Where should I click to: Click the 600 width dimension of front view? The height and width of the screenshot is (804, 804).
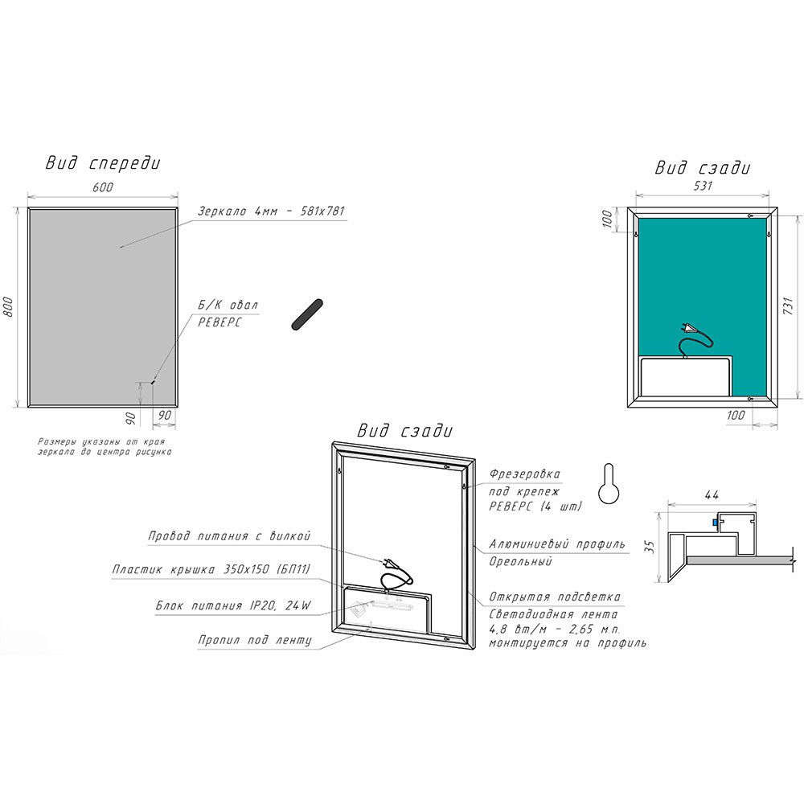(x=103, y=187)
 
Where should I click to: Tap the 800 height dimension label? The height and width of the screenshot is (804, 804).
(x=9, y=306)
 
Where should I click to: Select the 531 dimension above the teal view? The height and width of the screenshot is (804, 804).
(x=703, y=185)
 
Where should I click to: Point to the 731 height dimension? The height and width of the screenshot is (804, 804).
(x=790, y=306)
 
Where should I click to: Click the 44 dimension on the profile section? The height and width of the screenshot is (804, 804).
(x=712, y=494)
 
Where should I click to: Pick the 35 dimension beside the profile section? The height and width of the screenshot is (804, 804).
(x=650, y=547)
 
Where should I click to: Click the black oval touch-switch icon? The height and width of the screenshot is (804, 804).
(x=307, y=314)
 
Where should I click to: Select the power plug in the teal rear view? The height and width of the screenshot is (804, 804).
(x=689, y=328)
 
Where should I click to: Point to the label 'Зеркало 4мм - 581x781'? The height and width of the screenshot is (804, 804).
(x=271, y=211)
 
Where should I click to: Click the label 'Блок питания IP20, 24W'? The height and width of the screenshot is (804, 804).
(x=233, y=605)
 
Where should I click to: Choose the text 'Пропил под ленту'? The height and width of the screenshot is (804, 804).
(x=255, y=640)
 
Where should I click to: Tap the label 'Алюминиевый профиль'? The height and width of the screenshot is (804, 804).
(x=557, y=544)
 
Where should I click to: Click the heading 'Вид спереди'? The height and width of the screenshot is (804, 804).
(x=103, y=162)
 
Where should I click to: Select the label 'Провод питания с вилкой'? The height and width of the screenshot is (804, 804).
(x=229, y=535)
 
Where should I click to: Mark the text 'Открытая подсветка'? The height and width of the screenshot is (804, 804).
(x=554, y=597)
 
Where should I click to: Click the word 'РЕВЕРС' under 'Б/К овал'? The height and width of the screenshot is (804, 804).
(x=219, y=322)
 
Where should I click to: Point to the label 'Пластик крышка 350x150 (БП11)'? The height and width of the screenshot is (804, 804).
(x=211, y=569)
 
